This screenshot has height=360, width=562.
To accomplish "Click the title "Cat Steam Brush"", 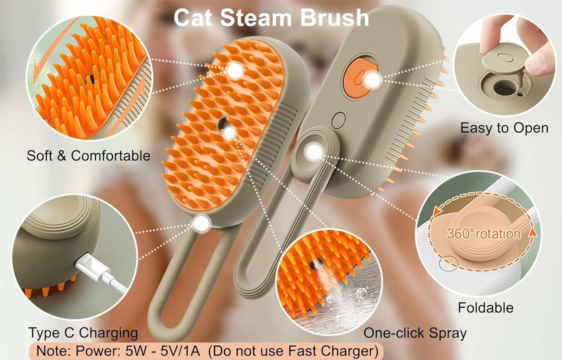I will pyautogui.click(x=271, y=18).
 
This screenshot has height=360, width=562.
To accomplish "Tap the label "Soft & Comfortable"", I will pyautogui.click(x=88, y=156).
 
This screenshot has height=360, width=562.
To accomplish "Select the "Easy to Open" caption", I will pyautogui.click(x=504, y=128).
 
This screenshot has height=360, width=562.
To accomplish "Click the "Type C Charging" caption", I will pyautogui.click(x=83, y=333).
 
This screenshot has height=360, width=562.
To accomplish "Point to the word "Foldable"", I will pyautogui.click(x=485, y=308).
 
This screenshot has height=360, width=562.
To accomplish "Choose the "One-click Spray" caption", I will pyautogui.click(x=415, y=333).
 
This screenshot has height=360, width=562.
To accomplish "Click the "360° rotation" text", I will pyautogui.click(x=483, y=234).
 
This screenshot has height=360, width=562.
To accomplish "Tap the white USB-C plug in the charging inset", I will pyautogui.click(x=90, y=268).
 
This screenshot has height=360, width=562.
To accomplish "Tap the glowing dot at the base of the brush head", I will pyautogui.click(x=201, y=222).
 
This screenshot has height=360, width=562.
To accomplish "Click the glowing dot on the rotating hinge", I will pyautogui.click(x=313, y=151).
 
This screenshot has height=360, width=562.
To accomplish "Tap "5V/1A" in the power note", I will pyautogui.click(x=180, y=351).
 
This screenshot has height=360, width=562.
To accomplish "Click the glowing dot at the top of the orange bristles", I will pyautogui.click(x=235, y=70).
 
